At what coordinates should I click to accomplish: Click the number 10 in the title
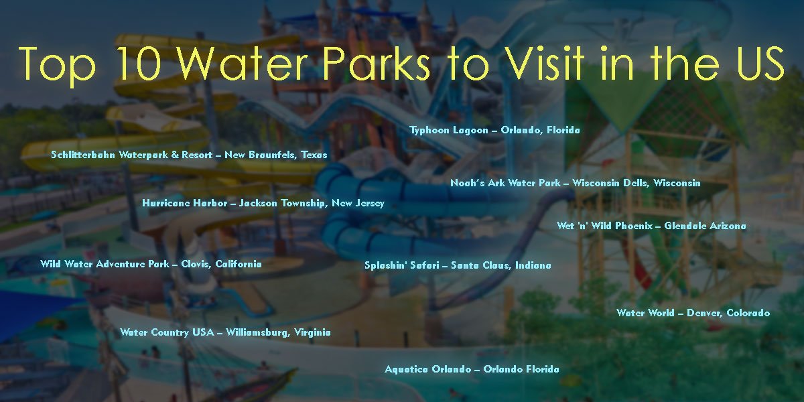(139, 63)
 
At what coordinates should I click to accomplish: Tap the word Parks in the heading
(377, 63)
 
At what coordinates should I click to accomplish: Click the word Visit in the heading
(546, 63)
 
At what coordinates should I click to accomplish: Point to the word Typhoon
(429, 130)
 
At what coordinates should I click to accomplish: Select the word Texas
(314, 155)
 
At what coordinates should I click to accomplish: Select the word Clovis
(196, 264)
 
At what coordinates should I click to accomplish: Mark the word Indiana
(533, 265)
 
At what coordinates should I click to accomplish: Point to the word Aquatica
(406, 369)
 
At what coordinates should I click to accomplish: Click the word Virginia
(312, 332)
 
